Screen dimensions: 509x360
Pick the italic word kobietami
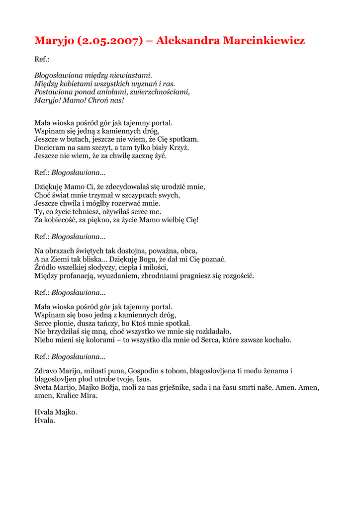pyautogui.click(x=73, y=84)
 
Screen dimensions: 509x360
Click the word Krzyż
pyautogui.click(x=179, y=148)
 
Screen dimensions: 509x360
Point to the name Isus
pyautogui.click(x=144, y=379)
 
